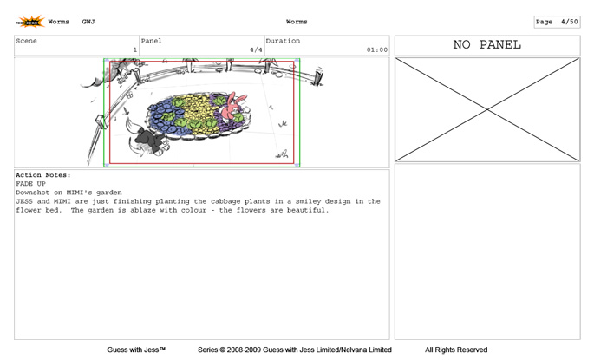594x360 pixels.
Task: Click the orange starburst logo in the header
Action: click(x=30, y=22)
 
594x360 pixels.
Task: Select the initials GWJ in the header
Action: click(x=88, y=22)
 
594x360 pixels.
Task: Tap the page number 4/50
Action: click(x=570, y=22)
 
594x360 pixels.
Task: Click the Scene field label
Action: click(x=26, y=41)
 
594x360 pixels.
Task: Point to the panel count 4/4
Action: click(x=256, y=49)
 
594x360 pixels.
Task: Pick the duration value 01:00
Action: click(x=377, y=49)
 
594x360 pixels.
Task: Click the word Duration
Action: click(x=283, y=41)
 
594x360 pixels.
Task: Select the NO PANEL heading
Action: click(x=487, y=45)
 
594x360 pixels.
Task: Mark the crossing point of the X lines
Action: click(x=487, y=109)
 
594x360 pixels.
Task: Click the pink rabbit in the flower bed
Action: click(x=232, y=108)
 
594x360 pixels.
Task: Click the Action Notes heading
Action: click(x=43, y=175)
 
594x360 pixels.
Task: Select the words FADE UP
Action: click(x=30, y=184)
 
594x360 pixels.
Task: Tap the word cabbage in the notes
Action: click(x=225, y=201)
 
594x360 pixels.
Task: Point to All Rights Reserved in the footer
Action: click(x=456, y=350)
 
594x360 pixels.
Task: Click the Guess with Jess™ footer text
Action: click(x=136, y=350)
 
